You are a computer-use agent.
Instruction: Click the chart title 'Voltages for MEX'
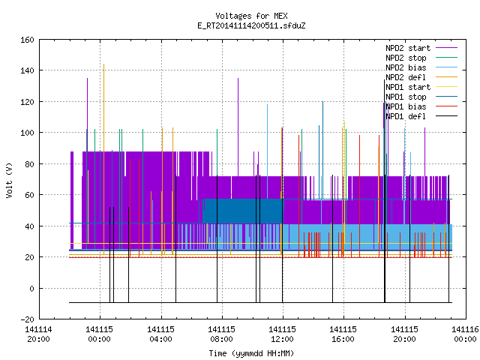point(251,16)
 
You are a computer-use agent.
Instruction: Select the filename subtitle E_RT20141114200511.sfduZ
point(251,25)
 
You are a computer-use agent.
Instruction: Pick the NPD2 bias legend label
point(406,67)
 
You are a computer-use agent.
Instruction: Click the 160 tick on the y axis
point(27,40)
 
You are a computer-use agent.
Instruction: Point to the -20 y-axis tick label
point(27,319)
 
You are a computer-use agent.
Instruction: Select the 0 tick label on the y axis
point(31,289)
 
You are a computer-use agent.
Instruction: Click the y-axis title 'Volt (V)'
point(9,181)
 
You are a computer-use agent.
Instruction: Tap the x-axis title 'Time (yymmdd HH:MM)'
point(251,353)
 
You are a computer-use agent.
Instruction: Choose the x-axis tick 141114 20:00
point(38,334)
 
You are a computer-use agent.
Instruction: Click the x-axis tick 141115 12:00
point(283,334)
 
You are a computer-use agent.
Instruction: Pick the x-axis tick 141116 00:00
point(465,334)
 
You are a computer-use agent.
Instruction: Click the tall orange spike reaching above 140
point(103,159)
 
